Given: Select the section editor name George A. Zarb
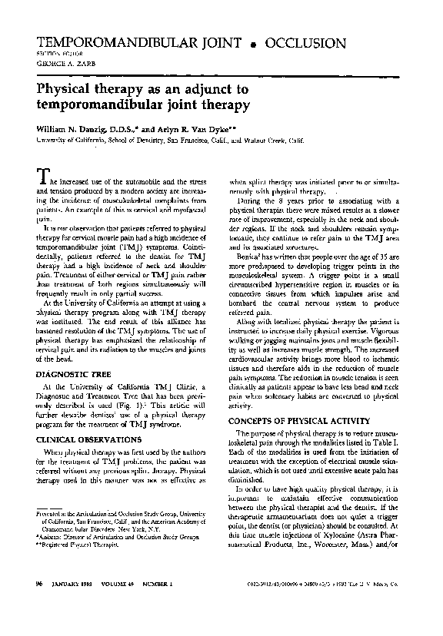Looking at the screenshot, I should coord(57,65).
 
